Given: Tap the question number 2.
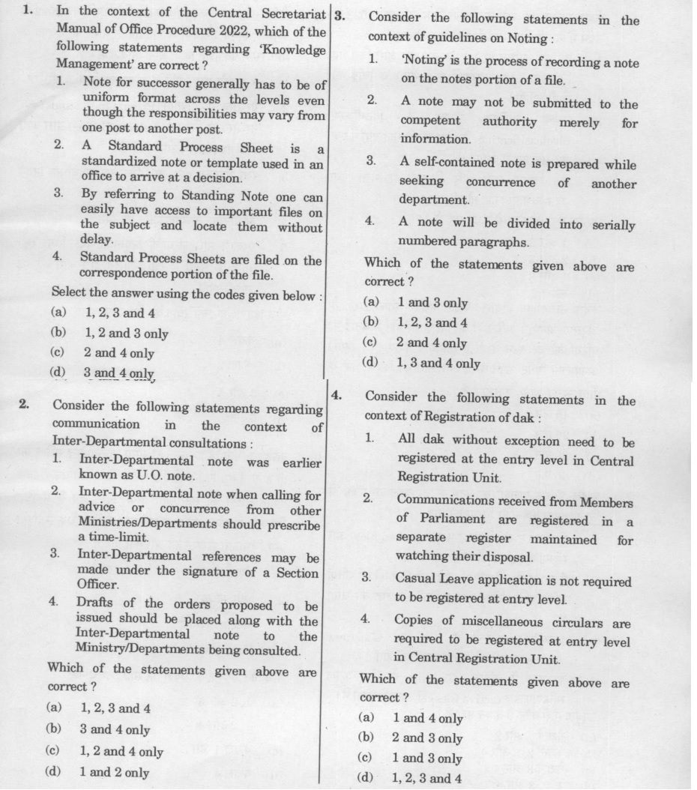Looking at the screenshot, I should point(24,405).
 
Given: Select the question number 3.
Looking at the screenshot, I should point(339,16).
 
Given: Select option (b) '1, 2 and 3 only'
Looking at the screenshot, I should point(126,334).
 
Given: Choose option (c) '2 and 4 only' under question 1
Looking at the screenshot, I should point(118,352).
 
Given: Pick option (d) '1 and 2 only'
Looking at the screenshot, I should point(114,772).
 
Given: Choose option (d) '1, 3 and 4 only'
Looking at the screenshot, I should point(438,364).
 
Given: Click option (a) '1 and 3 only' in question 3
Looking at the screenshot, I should point(432,303).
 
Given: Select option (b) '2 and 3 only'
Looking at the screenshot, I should point(427,738).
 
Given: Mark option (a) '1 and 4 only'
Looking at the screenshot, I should point(427,718).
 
